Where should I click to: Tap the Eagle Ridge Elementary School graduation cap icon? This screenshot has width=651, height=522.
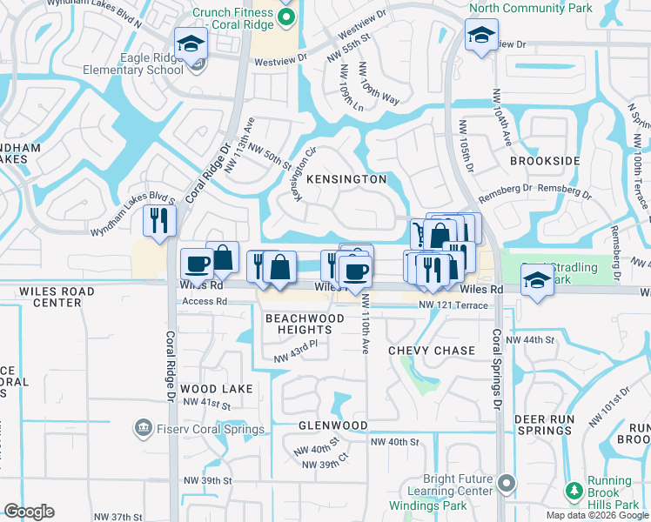pyautogui.click(x=190, y=43)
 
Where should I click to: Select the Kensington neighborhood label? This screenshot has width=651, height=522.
pyautogui.click(x=346, y=179)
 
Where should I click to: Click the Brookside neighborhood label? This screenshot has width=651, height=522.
pyautogui.click(x=545, y=162)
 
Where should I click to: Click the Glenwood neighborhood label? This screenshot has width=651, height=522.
pyautogui.click(x=333, y=425)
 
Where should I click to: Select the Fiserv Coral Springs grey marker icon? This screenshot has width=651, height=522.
pyautogui.click(x=142, y=429)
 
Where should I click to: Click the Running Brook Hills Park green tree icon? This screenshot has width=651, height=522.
pyautogui.click(x=573, y=492)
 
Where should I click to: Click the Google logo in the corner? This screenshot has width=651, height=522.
pyautogui.click(x=29, y=512)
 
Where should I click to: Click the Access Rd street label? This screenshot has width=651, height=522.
pyautogui.click(x=204, y=303)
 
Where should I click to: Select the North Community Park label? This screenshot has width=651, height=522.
pyautogui.click(x=531, y=8)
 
